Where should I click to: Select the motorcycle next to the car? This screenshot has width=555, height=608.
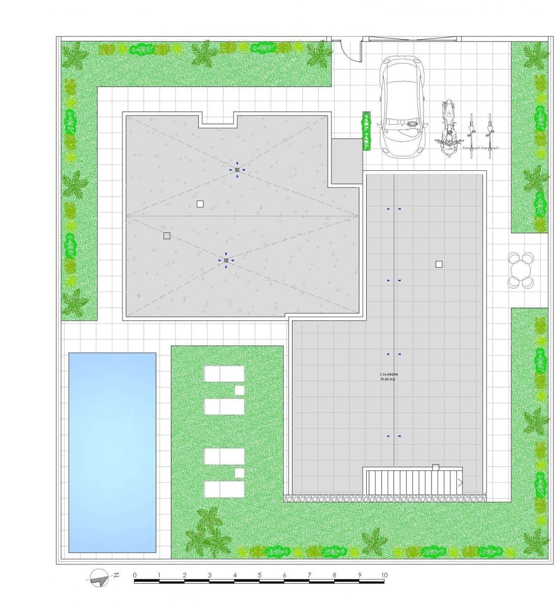(x=448, y=127)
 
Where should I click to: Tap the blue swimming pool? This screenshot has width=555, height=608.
(x=112, y=452)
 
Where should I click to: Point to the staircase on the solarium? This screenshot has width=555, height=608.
(x=414, y=481)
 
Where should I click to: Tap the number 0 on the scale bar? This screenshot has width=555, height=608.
(x=135, y=575)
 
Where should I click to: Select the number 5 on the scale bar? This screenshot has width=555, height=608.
(x=259, y=575)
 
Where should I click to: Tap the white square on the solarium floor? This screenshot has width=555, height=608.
(x=439, y=264)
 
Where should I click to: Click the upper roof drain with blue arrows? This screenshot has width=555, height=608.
(x=237, y=170)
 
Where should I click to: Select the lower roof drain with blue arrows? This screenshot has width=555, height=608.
(x=226, y=260)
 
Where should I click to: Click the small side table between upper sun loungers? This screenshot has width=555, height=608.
(x=240, y=390)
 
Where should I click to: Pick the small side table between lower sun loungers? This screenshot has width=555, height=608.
(x=240, y=473)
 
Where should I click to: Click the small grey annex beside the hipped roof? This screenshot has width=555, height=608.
(x=346, y=161)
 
